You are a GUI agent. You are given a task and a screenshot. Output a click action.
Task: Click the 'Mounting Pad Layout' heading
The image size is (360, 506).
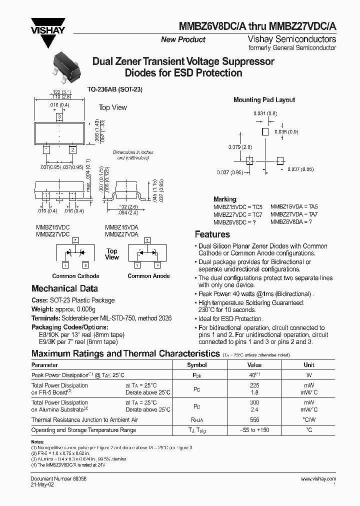pyautogui.click(x=264, y=100)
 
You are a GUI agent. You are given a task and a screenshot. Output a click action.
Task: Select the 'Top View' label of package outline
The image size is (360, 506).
pyautogui.click(x=112, y=107)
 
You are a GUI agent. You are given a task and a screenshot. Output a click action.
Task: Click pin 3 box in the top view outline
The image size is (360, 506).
pyautogui.click(x=59, y=116)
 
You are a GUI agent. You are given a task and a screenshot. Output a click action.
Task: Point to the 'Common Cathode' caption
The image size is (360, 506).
pyautogui.click(x=75, y=276)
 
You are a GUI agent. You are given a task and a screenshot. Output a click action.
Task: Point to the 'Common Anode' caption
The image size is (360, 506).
pyautogui.click(x=148, y=276)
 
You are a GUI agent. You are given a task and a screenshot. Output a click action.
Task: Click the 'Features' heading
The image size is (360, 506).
pyautogui.click(x=212, y=234)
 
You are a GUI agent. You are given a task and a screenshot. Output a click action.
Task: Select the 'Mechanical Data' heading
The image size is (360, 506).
pyautogui.click(x=64, y=288)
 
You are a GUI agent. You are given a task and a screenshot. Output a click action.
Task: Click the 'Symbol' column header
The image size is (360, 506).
pyautogui.click(x=196, y=365)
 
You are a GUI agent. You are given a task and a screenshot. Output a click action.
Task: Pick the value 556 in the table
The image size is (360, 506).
pyautogui.click(x=254, y=420)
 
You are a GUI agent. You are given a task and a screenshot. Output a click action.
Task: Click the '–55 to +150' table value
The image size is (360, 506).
pyautogui.click(x=254, y=430)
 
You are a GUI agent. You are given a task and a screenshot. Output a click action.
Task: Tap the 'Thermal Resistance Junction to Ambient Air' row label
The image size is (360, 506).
pyautogui.click(x=84, y=420)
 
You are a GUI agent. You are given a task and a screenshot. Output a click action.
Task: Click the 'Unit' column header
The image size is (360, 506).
pyautogui.click(x=308, y=365)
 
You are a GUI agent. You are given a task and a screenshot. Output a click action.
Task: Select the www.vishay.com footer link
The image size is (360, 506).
pyautogui.click(x=318, y=478)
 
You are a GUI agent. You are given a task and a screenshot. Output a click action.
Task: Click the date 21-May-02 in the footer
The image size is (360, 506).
pyautogui.click(x=44, y=484)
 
